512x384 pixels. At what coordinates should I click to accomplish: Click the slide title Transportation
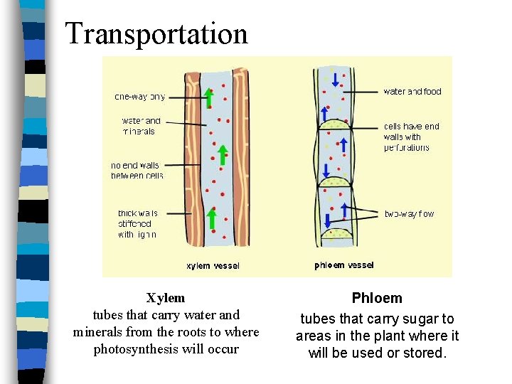pyautogui.click(x=156, y=34)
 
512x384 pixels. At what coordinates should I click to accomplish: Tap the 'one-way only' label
pyautogui.click(x=140, y=97)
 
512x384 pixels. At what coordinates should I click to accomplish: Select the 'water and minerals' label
pyautogui.click(x=142, y=126)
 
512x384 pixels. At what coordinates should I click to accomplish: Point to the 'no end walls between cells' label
pyautogui.click(x=137, y=171)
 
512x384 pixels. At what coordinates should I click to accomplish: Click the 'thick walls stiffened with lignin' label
pyautogui.click(x=138, y=223)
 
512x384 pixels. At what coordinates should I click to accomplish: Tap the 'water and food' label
pyautogui.click(x=412, y=92)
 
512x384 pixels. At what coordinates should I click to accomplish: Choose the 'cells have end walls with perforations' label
pyautogui.click(x=411, y=137)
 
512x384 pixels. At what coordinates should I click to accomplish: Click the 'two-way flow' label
pyautogui.click(x=409, y=213)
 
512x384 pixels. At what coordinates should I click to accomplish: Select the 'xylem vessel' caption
pyautogui.click(x=213, y=266)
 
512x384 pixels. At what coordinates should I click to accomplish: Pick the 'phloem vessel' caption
pyautogui.click(x=344, y=265)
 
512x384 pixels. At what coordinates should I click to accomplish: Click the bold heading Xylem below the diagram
pyautogui.click(x=166, y=298)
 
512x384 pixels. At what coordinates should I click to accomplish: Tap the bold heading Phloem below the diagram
pyautogui.click(x=377, y=299)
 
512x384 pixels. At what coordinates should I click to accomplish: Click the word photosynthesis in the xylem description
pyautogui.click(x=138, y=349)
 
